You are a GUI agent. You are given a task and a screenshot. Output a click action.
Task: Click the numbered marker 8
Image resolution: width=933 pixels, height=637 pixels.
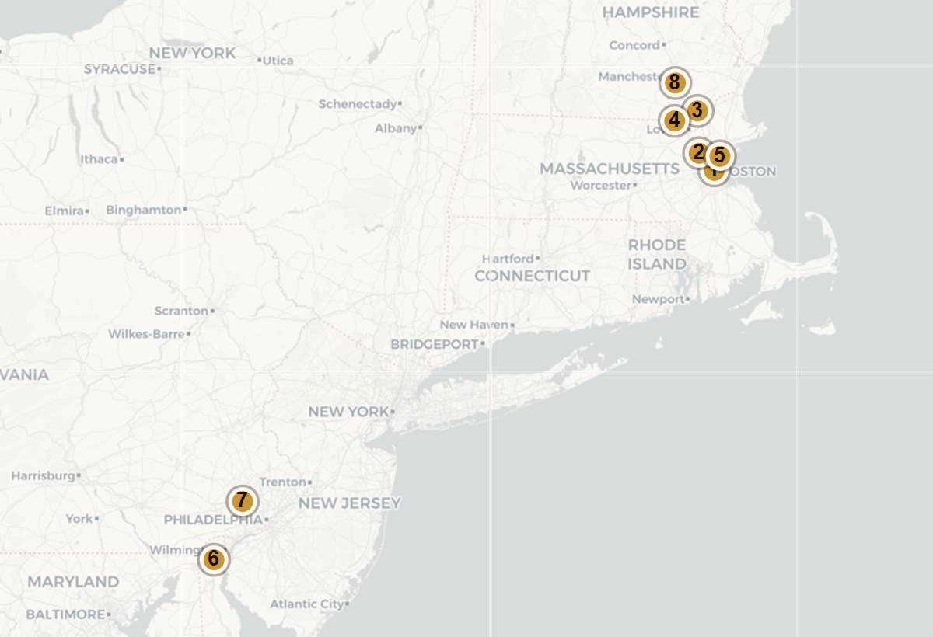tap(674, 82)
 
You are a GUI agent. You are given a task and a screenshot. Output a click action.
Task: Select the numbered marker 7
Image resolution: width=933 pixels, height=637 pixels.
tap(242, 501)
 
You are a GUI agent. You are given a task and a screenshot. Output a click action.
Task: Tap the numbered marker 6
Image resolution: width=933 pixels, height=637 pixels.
tap(213, 559)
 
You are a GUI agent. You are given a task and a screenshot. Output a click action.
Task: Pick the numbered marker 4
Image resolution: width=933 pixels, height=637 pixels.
tap(674, 120)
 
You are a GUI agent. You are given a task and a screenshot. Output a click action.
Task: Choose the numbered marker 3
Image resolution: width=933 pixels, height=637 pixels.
tap(697, 110)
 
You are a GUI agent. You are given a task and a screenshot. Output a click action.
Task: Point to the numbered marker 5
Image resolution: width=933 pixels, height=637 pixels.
tap(720, 155)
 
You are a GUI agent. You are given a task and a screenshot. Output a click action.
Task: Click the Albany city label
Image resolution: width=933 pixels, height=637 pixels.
tap(396, 128)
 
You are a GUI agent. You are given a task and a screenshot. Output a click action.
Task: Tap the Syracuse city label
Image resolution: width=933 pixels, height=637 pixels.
tap(120, 69)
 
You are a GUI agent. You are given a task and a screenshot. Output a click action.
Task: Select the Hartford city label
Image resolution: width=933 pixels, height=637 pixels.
tap(508, 259)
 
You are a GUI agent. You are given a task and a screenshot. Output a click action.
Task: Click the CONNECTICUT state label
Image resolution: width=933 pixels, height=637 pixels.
tap(532, 276)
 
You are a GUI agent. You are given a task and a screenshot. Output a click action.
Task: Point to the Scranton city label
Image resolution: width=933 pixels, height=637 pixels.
tap(181, 311)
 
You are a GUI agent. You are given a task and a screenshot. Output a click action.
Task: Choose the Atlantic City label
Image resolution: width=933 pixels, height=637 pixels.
tap(305, 604)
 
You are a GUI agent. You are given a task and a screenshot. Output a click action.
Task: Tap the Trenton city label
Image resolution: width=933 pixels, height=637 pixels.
tap(283, 482)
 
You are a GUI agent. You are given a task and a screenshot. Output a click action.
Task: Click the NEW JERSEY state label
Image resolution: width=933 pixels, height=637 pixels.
tap(349, 503)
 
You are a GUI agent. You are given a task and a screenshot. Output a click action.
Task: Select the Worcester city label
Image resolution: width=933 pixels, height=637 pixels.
tap(600, 186)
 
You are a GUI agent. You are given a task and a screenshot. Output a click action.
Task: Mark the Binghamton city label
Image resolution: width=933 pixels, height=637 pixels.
tap(143, 210)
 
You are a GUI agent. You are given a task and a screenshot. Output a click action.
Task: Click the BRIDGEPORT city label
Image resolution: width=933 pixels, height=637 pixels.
tap(435, 343)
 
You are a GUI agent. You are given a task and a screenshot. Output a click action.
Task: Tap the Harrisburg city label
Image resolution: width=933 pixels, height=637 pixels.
tap(42, 475)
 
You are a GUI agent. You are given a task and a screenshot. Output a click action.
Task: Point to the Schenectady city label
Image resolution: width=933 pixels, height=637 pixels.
tap(357, 103)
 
